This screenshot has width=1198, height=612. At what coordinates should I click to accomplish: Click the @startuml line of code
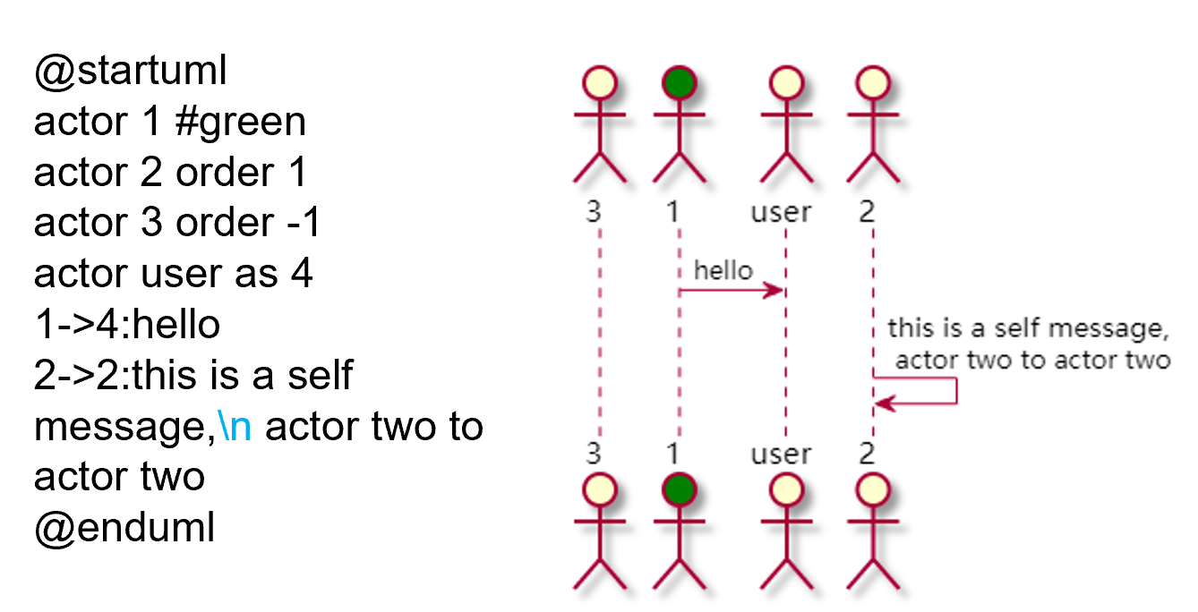[130, 72]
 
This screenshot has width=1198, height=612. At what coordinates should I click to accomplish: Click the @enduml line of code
[124, 528]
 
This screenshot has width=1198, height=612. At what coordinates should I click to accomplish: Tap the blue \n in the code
[235, 427]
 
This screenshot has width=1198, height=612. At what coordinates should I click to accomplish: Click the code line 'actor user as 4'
[173, 274]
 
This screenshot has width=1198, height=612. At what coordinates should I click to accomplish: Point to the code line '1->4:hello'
[126, 325]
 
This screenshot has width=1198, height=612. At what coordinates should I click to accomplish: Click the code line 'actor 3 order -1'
[176, 224]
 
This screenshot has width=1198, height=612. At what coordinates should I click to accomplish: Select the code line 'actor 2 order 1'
[170, 173]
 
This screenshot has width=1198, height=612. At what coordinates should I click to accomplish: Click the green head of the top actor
[679, 84]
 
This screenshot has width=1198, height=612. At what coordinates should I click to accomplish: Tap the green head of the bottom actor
[679, 490]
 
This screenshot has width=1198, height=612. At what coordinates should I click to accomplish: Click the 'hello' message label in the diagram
[723, 270]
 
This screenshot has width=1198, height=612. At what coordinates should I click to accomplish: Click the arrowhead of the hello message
[776, 291]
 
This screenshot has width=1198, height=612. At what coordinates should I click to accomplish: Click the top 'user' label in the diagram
[781, 212]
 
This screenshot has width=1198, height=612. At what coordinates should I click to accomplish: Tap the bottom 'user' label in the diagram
[781, 454]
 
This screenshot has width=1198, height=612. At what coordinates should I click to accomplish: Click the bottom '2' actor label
[866, 454]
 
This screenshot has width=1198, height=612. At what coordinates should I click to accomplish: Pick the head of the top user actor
[786, 84]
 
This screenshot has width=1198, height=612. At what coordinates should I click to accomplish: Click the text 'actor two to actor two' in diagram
[1032, 361]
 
